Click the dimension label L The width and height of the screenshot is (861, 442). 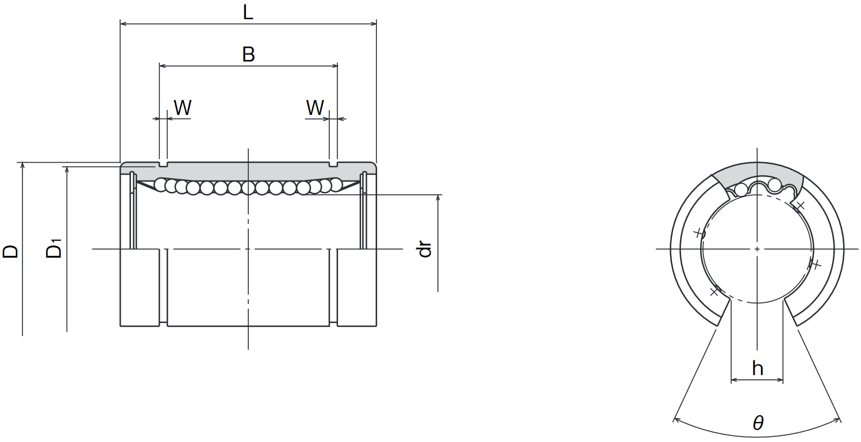[x=248, y=12]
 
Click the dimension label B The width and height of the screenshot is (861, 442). [x=248, y=54]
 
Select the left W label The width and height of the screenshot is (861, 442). [x=183, y=107]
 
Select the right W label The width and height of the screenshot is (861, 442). [x=315, y=107]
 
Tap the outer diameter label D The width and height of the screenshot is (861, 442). [x=10, y=251]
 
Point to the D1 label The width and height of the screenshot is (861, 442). [x=54, y=248]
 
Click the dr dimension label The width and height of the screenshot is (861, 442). [x=425, y=249]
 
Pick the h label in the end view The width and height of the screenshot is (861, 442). [x=757, y=368]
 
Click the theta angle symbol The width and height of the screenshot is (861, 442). [x=758, y=423]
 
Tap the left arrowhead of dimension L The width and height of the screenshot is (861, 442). [x=124, y=24]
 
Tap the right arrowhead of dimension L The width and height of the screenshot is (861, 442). [x=373, y=24]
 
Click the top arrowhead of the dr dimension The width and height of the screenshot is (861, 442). [x=438, y=198]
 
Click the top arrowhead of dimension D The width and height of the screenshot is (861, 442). [x=22, y=166]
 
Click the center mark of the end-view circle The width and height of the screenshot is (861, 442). [x=757, y=249]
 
